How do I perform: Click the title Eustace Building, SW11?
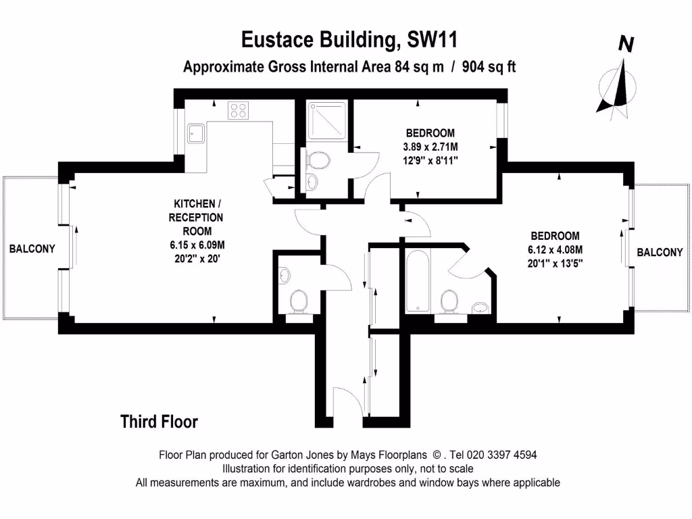coord(350,40)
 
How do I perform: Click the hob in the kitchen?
coord(238,109)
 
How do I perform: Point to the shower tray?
coord(327,122)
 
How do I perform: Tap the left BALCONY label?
coord(32,249)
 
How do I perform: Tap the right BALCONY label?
coord(660,252)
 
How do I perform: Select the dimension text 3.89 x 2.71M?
coord(430,147)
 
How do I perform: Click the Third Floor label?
coord(159,422)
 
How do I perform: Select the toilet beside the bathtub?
coord(447,301)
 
